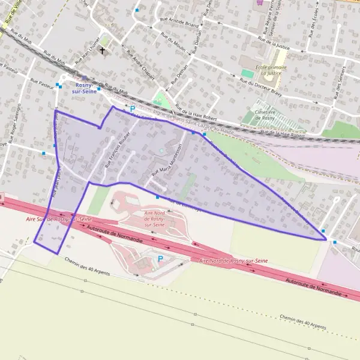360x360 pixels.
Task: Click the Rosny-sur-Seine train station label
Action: tap(83, 88)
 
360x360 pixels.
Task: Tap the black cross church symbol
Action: tap(102, 50)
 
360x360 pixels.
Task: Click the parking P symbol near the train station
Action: tap(133, 109)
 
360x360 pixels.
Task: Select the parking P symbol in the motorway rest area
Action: tap(160, 259)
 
